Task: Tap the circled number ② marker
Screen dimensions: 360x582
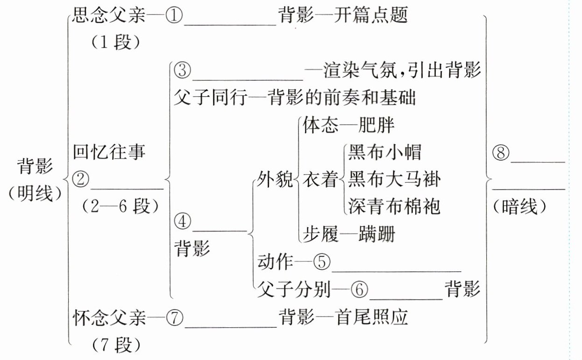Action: click(x=81, y=180)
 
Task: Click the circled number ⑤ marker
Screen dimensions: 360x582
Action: click(x=321, y=262)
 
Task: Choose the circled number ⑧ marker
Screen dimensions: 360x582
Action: click(x=501, y=154)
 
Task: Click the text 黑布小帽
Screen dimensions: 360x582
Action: click(x=384, y=153)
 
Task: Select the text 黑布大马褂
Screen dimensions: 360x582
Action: click(x=394, y=179)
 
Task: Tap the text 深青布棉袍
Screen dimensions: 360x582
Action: click(x=394, y=206)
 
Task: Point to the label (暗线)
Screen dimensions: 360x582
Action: click(x=520, y=207)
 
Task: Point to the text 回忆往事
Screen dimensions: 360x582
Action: click(x=109, y=153)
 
